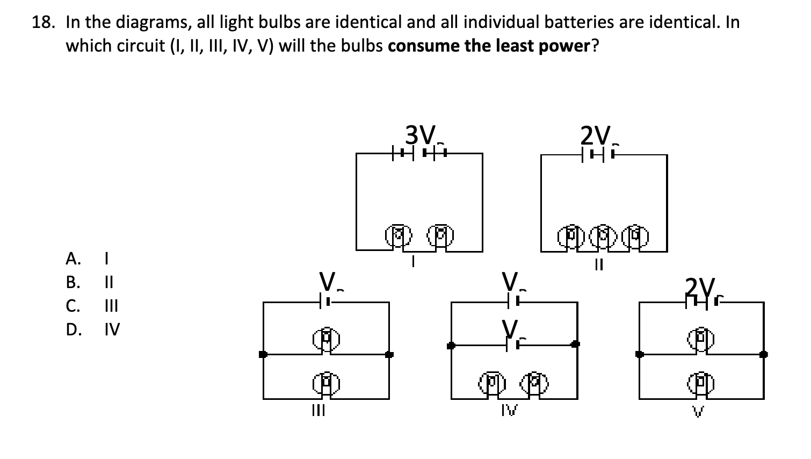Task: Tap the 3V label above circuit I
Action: [420, 134]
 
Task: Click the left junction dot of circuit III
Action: [263, 354]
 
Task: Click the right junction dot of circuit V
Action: [763, 354]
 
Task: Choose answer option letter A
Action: [73, 259]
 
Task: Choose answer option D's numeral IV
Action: [112, 328]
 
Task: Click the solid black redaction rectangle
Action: [148, 370]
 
